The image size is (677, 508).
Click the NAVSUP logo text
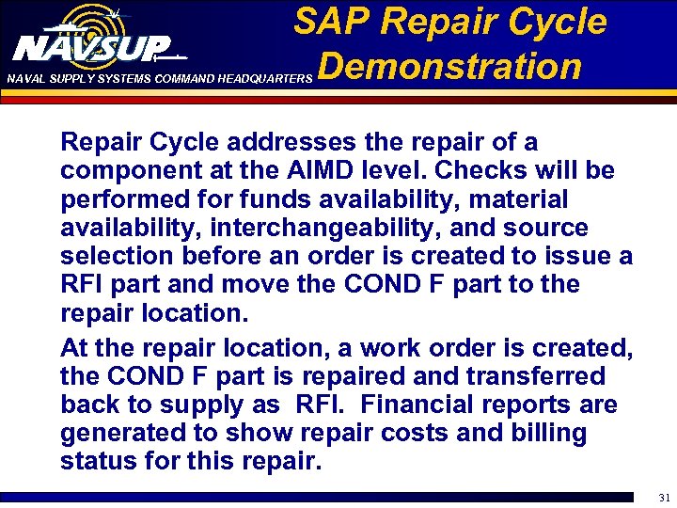pos(92,47)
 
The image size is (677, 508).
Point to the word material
pos(517,199)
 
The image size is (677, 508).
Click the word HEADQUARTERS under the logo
pos(263,79)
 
